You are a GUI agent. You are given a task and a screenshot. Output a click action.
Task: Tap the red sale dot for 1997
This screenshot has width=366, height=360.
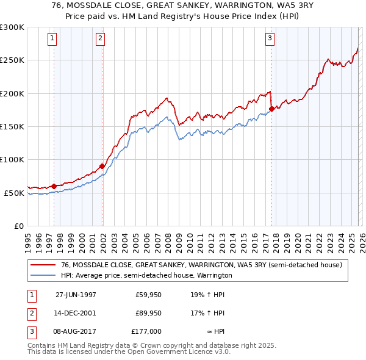point(54,186)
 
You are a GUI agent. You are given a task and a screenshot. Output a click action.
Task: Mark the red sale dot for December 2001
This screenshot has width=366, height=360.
point(102,166)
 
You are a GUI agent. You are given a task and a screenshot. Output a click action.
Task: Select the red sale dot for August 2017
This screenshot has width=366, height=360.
point(271,109)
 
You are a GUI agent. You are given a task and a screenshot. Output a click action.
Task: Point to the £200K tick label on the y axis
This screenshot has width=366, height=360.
point(12,93)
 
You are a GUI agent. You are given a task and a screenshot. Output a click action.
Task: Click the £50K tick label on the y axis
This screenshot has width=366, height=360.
point(13,193)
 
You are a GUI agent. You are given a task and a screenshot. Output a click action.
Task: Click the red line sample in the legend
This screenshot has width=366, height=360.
point(42,265)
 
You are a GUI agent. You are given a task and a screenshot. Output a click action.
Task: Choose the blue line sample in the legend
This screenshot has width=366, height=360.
point(42,276)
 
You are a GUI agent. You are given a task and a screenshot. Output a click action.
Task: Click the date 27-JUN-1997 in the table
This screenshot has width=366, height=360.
point(76,294)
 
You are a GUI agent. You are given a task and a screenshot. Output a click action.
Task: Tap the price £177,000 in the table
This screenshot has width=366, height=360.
point(146,331)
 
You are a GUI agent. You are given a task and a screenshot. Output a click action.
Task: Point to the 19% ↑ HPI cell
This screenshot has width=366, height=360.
point(207,294)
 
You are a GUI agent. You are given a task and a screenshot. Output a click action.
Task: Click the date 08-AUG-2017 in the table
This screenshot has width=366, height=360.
point(76,331)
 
